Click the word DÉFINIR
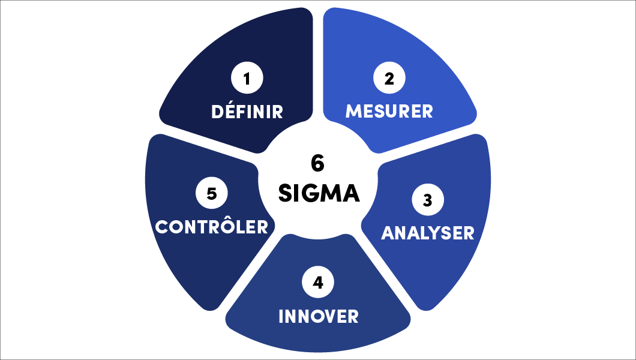247,112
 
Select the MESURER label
389,112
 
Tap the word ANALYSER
428,233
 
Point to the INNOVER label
319,316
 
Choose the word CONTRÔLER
212,227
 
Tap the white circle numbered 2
389,78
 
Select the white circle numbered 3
428,200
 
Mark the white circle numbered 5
211,193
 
